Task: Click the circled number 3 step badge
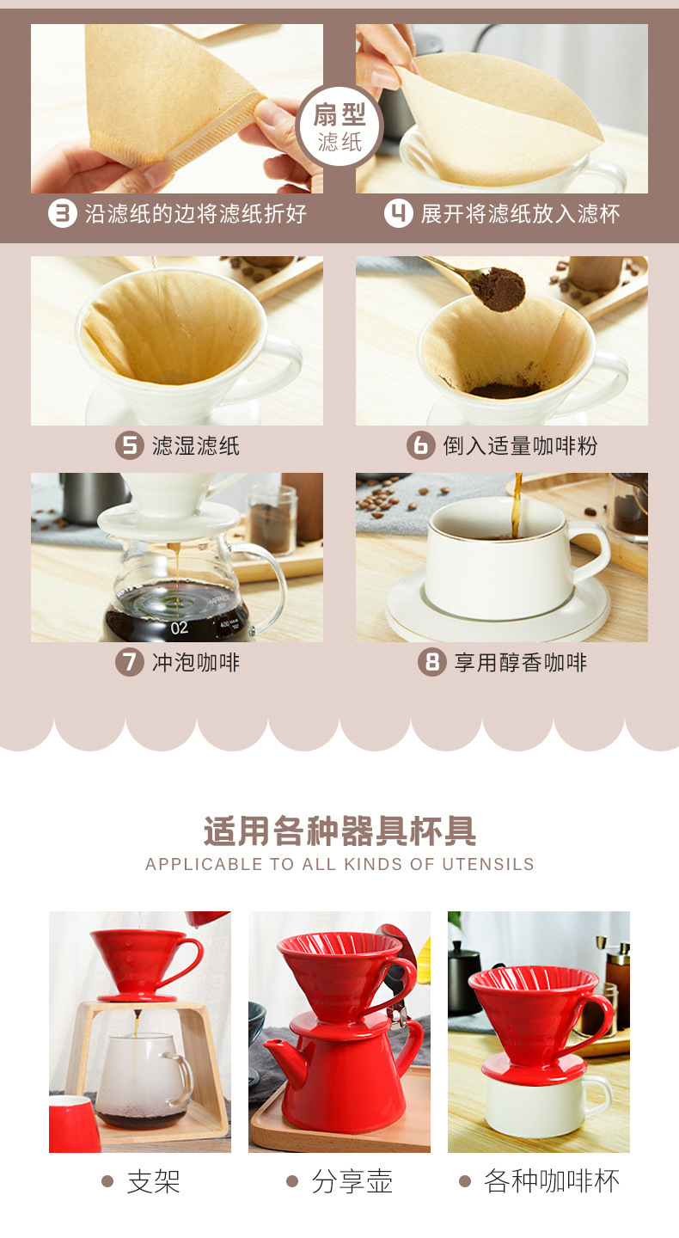click(x=63, y=213)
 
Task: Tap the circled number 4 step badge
click(x=398, y=213)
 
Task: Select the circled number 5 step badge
click(x=129, y=445)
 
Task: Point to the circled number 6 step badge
click(x=421, y=445)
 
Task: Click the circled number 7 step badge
click(x=129, y=662)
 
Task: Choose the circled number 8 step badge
click(x=432, y=662)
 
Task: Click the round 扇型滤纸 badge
click(x=339, y=126)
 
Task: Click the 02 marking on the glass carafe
click(x=179, y=628)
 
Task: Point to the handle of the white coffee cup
click(x=591, y=553)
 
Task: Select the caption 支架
click(x=154, y=1181)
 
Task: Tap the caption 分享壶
click(x=352, y=1181)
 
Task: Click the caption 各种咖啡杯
click(x=552, y=1181)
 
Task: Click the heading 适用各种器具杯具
click(x=339, y=830)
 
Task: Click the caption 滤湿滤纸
click(x=196, y=445)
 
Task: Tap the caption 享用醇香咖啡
click(x=521, y=662)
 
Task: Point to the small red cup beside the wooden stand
click(x=74, y=1124)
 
